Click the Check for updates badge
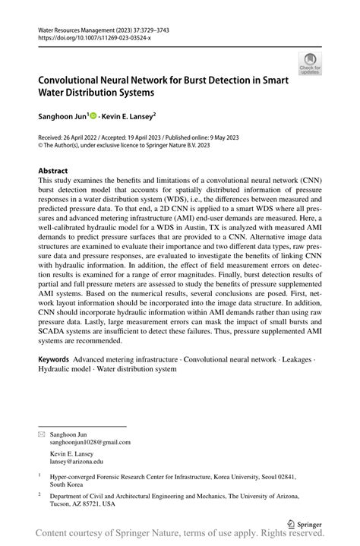click(x=309, y=64)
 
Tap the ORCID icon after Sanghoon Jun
click(x=94, y=116)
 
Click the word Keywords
click(x=55, y=357)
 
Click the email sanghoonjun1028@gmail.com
click(x=90, y=442)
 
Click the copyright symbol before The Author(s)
click(x=40, y=145)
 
